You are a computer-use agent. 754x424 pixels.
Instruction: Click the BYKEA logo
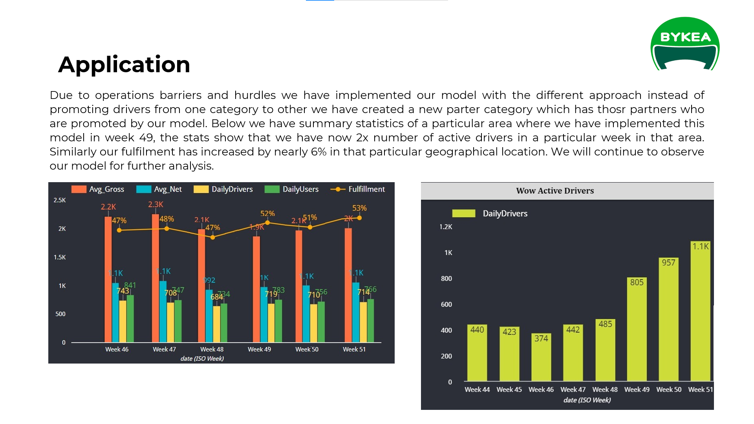(x=685, y=44)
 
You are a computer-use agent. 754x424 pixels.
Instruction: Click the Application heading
(x=124, y=64)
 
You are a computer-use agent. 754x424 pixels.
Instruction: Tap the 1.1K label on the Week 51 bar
(x=700, y=246)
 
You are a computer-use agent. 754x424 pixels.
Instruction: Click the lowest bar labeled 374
(x=541, y=357)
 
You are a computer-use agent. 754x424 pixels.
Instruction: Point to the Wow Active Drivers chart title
(x=555, y=191)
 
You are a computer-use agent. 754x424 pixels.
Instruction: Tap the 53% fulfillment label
(x=359, y=208)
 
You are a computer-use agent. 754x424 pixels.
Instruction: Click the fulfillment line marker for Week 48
(x=212, y=237)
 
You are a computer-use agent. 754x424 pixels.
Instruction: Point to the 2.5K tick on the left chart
(x=60, y=200)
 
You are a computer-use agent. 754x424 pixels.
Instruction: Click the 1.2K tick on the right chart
(x=446, y=227)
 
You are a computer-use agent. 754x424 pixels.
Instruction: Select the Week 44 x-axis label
(x=477, y=389)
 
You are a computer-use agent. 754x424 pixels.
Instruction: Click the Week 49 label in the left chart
(x=259, y=349)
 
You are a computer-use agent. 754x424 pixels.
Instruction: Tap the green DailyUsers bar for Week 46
(x=130, y=318)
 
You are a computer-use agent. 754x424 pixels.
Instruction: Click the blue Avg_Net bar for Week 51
(x=356, y=312)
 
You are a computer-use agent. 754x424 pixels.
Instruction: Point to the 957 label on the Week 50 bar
(x=668, y=263)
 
